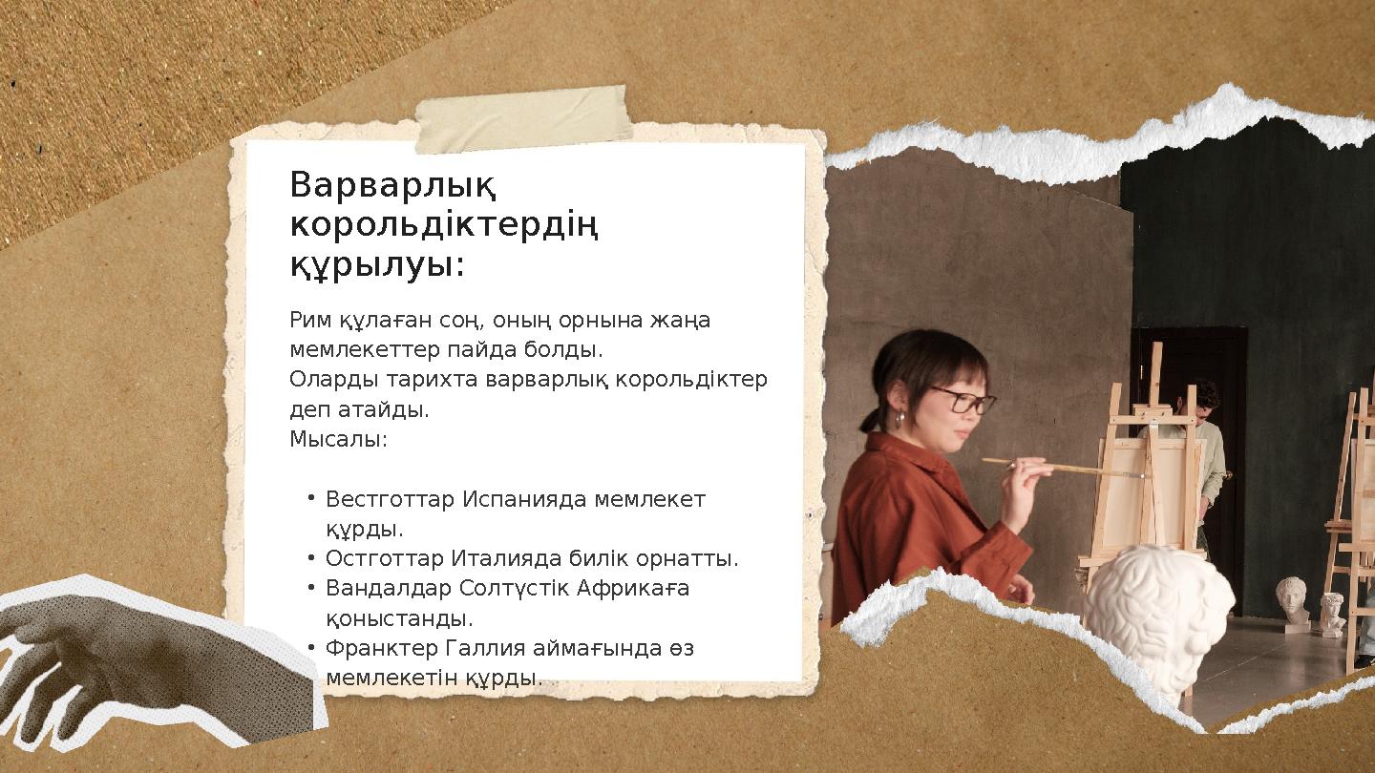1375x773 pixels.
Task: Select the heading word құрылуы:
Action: tap(377, 266)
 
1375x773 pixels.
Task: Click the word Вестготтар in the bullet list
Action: tap(390, 499)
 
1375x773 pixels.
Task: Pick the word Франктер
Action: tap(382, 648)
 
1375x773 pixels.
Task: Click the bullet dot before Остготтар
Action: tap(312, 557)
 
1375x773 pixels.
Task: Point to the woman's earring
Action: tap(899, 420)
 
